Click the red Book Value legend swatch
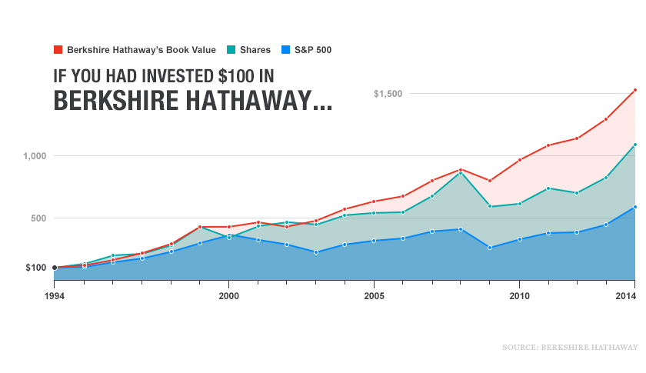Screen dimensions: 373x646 click(58, 50)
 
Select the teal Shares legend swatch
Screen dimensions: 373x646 click(231, 50)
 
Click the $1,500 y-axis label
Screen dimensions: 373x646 click(388, 94)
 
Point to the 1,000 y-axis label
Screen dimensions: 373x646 click(35, 156)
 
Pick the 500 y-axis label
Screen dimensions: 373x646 click(38, 218)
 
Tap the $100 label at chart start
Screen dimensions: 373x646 click(35, 268)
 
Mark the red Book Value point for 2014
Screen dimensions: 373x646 click(634, 90)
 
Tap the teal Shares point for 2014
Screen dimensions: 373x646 click(634, 145)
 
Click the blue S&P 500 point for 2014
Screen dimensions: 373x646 click(634, 207)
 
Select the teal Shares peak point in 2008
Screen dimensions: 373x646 click(461, 173)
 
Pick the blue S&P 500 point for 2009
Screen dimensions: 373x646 click(490, 248)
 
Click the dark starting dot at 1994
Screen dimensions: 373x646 click(55, 268)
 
